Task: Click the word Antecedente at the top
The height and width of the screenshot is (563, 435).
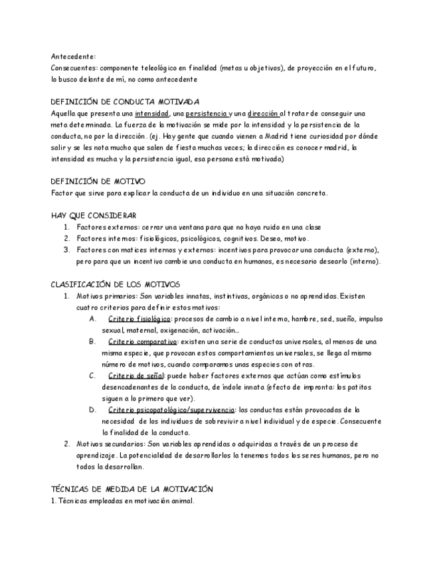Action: (x=73, y=57)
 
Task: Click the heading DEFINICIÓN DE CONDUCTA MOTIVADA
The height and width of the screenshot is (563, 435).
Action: (x=125, y=102)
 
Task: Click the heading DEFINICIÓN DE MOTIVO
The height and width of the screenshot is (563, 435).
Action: (x=98, y=181)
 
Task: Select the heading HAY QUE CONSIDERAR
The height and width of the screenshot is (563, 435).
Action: (x=94, y=215)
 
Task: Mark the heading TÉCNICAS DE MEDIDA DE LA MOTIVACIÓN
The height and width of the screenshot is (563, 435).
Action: (x=132, y=489)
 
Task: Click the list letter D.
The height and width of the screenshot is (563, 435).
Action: (x=92, y=410)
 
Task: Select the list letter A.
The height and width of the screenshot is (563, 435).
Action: (x=92, y=319)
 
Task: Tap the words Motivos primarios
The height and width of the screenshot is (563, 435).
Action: (x=107, y=295)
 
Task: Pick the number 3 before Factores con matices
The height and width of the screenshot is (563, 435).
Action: (x=67, y=250)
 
